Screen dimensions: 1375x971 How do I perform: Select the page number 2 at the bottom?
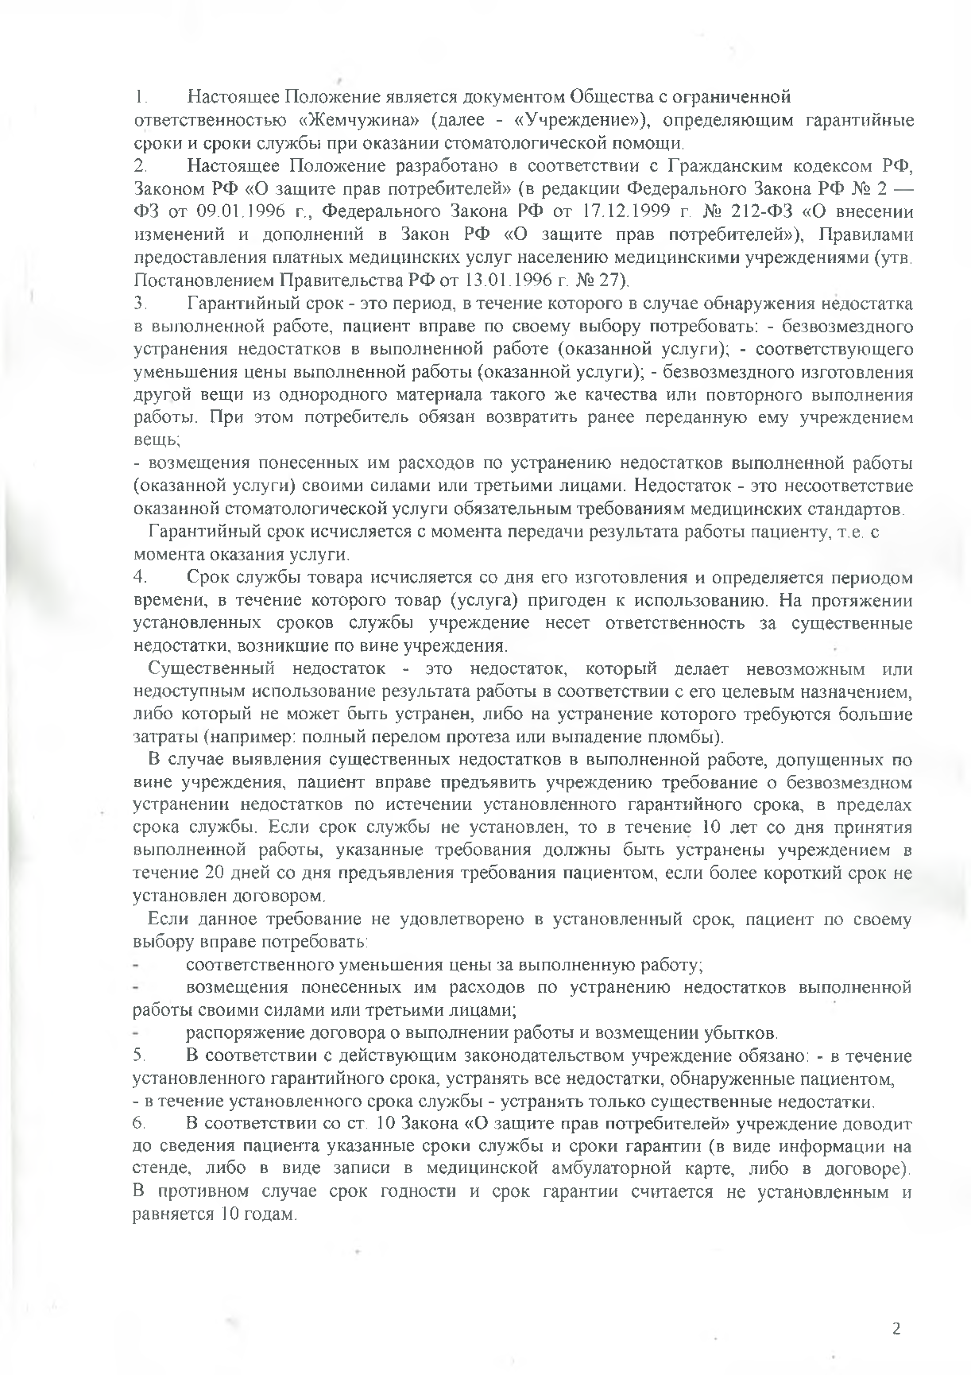(897, 1329)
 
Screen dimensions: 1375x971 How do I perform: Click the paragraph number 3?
(140, 304)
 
